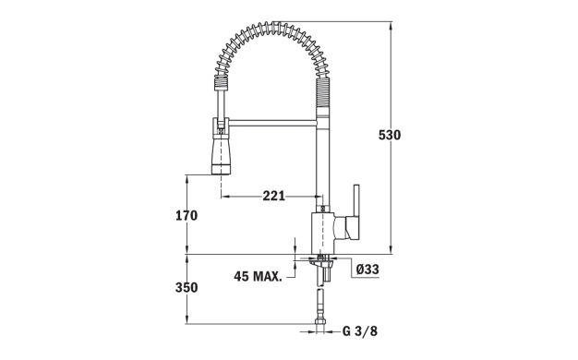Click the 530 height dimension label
(390, 135)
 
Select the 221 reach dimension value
(274, 196)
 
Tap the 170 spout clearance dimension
(187, 215)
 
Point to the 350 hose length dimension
(187, 287)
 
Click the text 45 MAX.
(258, 276)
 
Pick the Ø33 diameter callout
(367, 270)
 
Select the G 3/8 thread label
(360, 330)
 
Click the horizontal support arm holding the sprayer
(272, 123)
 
